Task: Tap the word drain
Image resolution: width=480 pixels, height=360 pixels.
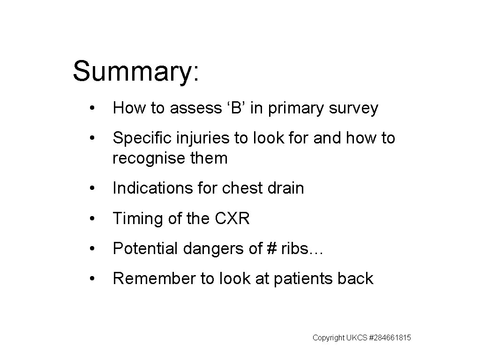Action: [x=286, y=188]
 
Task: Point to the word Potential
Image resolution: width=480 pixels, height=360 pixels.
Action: [x=142, y=248]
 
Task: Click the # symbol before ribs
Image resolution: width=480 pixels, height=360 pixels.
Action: [x=272, y=248]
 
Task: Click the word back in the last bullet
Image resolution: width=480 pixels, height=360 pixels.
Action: [x=356, y=278]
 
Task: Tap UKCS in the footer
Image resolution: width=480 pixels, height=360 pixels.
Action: [x=355, y=338]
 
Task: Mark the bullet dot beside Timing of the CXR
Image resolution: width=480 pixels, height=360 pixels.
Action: [x=95, y=219]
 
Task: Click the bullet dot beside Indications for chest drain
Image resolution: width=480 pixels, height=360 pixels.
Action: [x=95, y=188]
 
